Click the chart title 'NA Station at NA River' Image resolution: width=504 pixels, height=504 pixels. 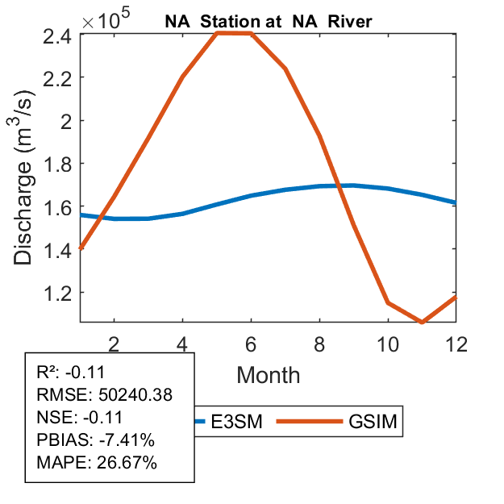pos(269,22)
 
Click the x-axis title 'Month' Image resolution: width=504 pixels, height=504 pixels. pos(269,374)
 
